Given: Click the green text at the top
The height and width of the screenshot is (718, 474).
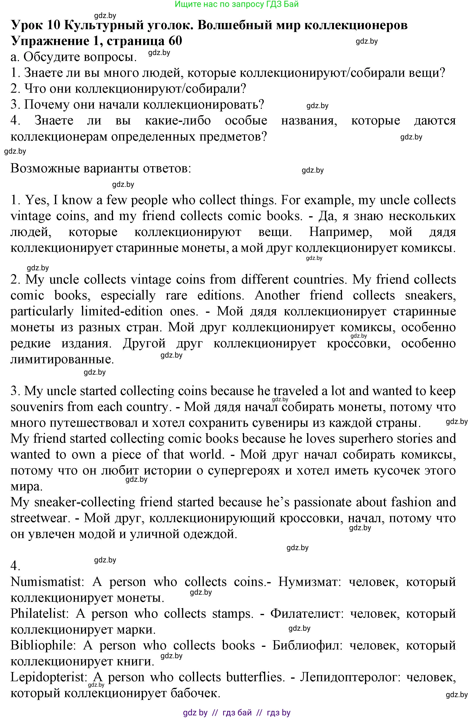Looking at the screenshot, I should click(237, 4).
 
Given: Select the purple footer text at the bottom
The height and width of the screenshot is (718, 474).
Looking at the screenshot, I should click(237, 713).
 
